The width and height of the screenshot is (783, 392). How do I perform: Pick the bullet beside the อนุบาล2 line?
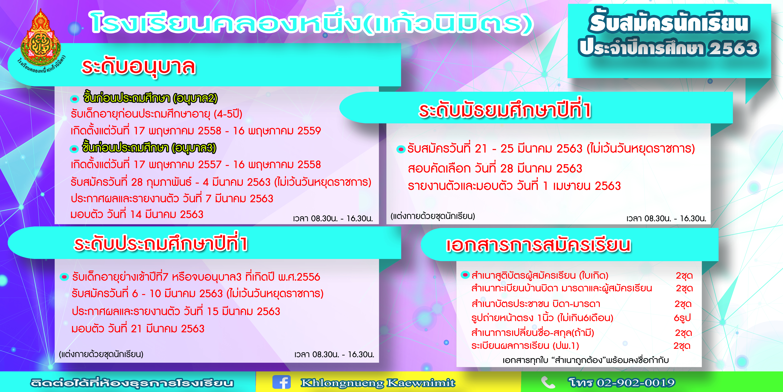click(75, 99)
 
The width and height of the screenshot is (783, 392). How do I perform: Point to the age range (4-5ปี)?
click(228, 114)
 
